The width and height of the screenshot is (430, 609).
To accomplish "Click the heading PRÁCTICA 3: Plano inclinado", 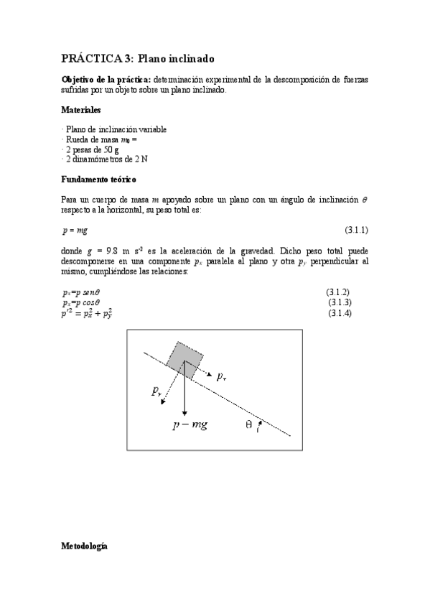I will pyautogui.click(x=138, y=58).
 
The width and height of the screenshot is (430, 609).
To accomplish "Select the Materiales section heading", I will pyautogui.click(x=81, y=111).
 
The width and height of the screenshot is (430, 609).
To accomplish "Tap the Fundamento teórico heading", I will pyautogui.click(x=98, y=178).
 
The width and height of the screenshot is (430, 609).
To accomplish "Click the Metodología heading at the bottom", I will pyautogui.click(x=84, y=547).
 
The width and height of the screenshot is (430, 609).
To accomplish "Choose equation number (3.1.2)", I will pyautogui.click(x=337, y=292).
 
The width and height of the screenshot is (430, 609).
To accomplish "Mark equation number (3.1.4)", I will pyautogui.click(x=340, y=313).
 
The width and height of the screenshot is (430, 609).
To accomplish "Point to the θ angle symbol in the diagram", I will pyautogui.click(x=248, y=424).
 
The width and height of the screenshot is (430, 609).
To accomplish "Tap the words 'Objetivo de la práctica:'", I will pyautogui.click(x=102, y=78).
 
